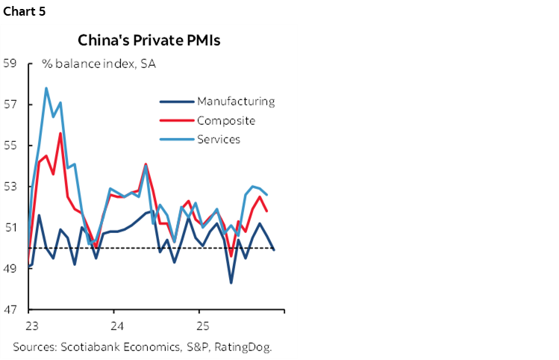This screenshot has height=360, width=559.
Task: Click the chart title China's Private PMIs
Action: tap(149, 40)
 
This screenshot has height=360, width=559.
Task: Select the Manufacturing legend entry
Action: tap(236, 102)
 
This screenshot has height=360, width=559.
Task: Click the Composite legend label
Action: tap(226, 120)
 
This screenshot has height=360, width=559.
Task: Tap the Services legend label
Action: tap(218, 139)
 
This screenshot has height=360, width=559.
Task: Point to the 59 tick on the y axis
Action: tap(10, 63)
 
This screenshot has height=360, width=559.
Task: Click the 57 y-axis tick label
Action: tap(10, 105)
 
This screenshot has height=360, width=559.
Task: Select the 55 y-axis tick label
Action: tap(10, 146)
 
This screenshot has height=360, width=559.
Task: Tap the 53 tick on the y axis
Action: tap(10, 187)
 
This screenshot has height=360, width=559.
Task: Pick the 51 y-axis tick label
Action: tap(10, 228)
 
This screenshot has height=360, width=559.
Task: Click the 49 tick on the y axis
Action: tap(10, 269)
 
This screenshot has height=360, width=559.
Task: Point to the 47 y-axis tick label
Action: tap(10, 310)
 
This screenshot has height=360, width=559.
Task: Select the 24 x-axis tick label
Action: tap(113, 326)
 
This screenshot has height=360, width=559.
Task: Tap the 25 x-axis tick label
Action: tap(199, 326)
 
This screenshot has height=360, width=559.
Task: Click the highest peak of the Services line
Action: tap(46, 88)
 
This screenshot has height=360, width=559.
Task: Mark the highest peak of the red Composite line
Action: tap(60, 134)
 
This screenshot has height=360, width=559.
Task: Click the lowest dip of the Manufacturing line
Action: tap(231, 282)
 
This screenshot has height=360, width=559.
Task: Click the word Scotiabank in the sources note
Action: tap(91, 347)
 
